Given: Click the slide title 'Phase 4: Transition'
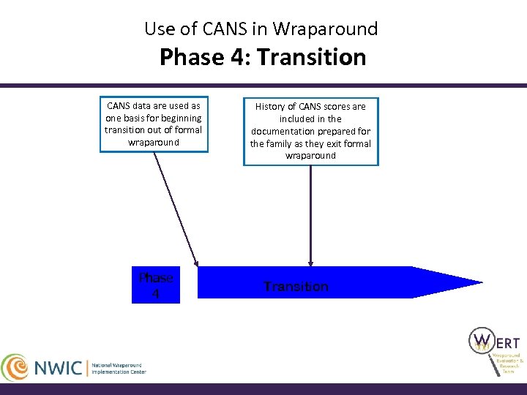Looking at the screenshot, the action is tap(263, 57).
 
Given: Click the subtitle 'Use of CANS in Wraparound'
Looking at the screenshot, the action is tap(261, 29).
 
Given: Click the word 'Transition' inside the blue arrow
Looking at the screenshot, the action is tap(296, 287).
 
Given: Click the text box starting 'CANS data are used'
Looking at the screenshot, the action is tap(154, 124).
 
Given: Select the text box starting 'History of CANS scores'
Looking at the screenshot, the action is tap(310, 131).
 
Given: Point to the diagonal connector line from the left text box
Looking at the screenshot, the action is tap(176, 208).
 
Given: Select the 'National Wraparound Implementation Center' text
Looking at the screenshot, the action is tap(119, 368).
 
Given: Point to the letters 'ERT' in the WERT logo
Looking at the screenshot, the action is tap(507, 342).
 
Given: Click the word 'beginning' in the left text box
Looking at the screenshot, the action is tap(181, 118).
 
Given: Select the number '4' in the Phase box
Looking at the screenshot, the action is tap(156, 294).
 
